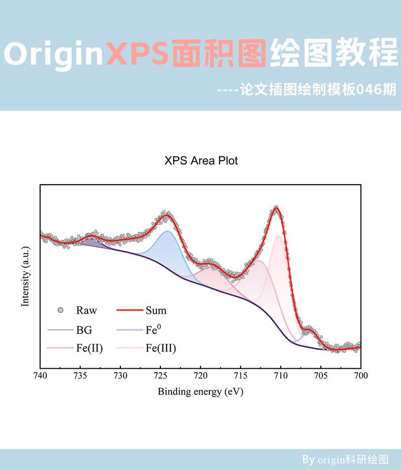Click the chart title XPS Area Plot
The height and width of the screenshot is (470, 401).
(x=201, y=161)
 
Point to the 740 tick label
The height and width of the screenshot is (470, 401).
(x=40, y=377)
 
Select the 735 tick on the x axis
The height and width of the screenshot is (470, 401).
(x=80, y=377)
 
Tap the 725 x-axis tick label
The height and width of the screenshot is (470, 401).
(x=160, y=377)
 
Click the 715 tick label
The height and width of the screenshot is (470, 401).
(x=241, y=377)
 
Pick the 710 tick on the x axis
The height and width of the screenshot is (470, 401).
(x=281, y=377)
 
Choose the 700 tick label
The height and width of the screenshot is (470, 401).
(x=361, y=377)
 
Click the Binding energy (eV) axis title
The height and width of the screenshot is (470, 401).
(x=200, y=392)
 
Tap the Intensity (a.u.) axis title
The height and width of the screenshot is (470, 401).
(x=25, y=276)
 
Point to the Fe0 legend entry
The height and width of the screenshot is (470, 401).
(x=153, y=329)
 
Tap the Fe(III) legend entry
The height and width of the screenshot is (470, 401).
(x=160, y=349)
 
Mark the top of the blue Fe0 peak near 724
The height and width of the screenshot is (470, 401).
(x=167, y=231)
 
